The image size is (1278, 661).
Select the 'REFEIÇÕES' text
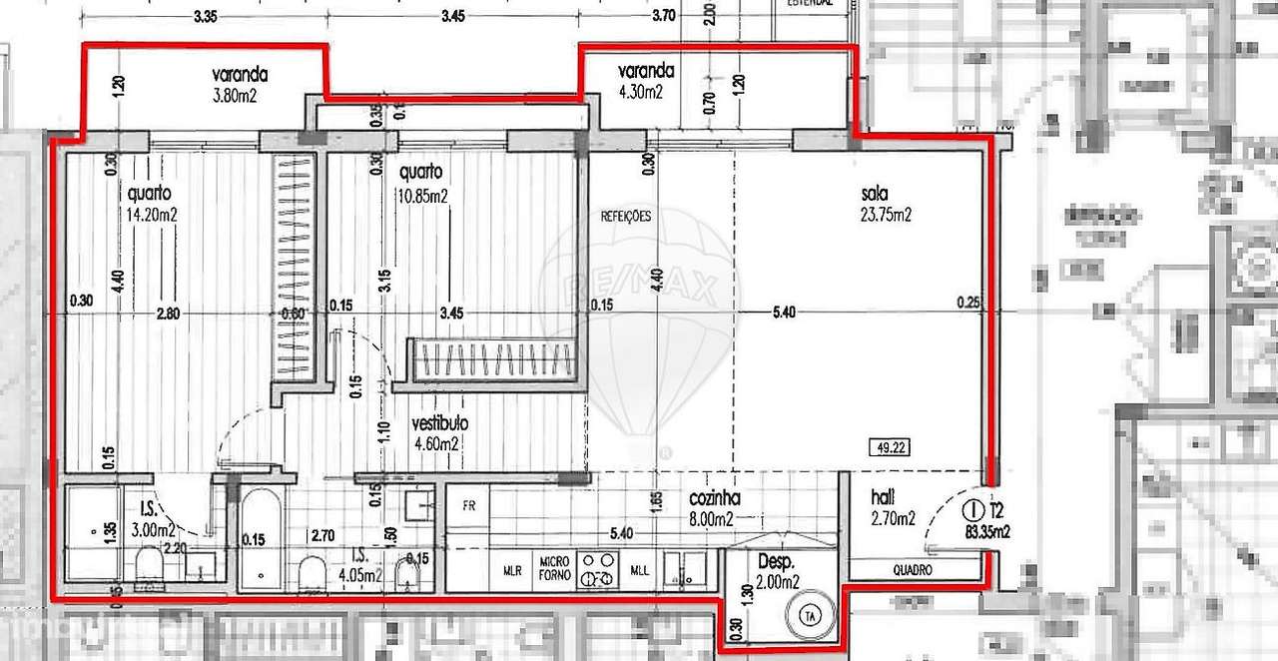[x=626, y=216]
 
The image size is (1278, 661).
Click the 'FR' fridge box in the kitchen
[x=467, y=505]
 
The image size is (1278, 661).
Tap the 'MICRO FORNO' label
[x=555, y=567]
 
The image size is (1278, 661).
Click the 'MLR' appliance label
[x=511, y=571]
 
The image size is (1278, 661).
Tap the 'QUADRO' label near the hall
[x=913, y=570]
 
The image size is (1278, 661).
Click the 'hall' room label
[x=881, y=497]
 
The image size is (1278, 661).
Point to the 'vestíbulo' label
[x=440, y=423]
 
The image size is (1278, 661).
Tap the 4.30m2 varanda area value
[x=640, y=92]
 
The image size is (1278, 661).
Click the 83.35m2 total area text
[x=987, y=533]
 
